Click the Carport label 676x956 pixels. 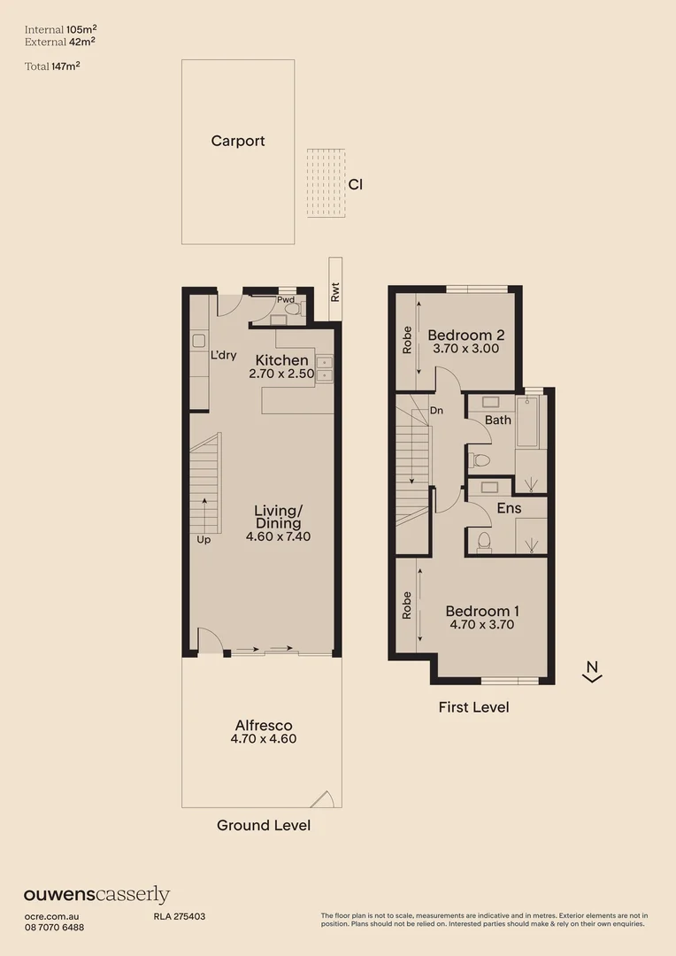point(238,141)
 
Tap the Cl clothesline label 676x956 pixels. point(355,185)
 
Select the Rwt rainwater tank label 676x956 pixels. point(334,292)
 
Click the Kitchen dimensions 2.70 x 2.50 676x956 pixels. point(282,374)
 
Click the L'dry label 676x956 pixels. point(223,355)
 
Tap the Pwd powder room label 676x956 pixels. point(285,300)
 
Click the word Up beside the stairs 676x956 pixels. point(204,539)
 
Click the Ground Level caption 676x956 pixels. point(264,825)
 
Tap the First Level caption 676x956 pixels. point(473,707)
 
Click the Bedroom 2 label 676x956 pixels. point(465,335)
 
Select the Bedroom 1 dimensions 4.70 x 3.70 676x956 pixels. point(481,624)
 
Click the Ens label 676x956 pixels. point(509,508)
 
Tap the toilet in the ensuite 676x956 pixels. point(484,541)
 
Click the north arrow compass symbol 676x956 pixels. point(592,672)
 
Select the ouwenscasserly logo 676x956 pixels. point(96,895)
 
